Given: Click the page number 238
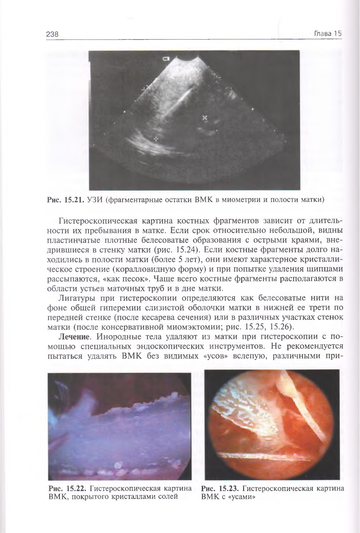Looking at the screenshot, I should coord(52,34).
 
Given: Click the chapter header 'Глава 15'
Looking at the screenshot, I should coord(328,34).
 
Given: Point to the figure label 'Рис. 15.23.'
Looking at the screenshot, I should coord(220,489).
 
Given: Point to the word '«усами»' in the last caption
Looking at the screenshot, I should coord(242,497).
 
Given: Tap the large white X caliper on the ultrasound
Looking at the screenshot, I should coord(205,117).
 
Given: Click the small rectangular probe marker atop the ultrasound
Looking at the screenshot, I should coord(166,59).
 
